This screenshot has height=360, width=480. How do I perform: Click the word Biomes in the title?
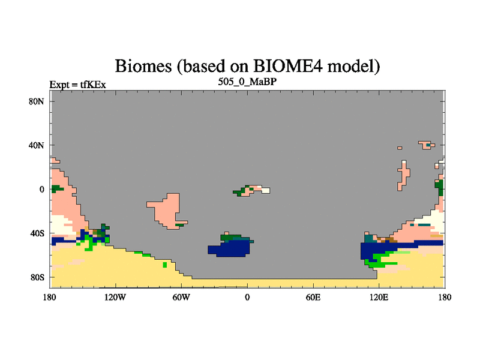pos(143,66)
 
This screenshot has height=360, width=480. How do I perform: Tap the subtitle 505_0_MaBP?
pos(247,82)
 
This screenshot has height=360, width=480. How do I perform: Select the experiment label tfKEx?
pos(93,85)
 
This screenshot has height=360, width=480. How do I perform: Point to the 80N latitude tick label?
pos(37,101)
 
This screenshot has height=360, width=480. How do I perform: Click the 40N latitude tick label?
pos(37,145)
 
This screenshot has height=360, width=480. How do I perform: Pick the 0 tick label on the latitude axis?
pos(41,190)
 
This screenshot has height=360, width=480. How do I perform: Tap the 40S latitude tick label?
pos(37,233)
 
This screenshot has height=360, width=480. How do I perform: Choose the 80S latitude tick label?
pos(37,277)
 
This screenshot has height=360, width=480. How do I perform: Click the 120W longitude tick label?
pos(115,297)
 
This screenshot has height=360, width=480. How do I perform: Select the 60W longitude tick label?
pos(181,297)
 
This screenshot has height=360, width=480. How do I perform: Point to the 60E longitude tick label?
pos(313,297)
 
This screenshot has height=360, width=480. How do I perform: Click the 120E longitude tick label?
pos(379,297)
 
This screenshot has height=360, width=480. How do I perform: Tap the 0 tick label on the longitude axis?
pos(247,297)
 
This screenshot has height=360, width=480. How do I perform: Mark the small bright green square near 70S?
pos(164,265)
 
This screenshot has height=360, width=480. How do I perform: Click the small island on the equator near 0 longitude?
pos(251,190)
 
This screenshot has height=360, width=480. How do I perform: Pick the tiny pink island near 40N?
pos(400,148)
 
